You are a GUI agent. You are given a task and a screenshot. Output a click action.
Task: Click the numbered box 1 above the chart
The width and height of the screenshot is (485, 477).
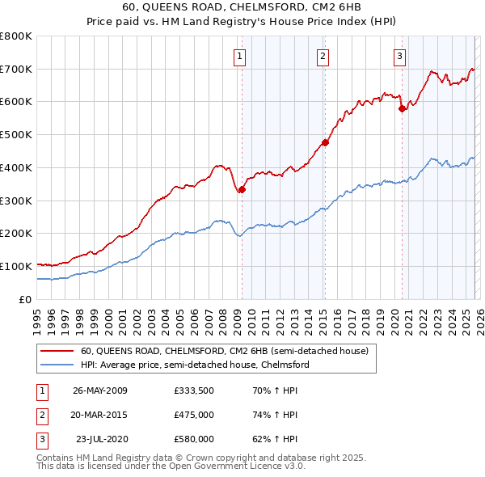[241, 56]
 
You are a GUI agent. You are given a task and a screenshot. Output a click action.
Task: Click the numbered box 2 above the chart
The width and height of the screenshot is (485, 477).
[323, 56]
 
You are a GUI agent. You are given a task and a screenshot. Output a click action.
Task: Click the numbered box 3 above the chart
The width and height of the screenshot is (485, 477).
[400, 56]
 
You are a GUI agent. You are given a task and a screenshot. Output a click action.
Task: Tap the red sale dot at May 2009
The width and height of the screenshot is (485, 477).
[242, 189]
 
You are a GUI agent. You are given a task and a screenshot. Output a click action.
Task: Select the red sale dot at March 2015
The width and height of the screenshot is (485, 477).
[324, 143]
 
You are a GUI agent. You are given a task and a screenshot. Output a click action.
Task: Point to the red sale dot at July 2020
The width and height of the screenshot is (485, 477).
[402, 108]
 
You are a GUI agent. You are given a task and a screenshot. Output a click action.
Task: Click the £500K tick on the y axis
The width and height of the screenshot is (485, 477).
[16, 134]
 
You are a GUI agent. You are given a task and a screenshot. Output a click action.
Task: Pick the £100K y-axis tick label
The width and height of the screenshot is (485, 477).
[16, 266]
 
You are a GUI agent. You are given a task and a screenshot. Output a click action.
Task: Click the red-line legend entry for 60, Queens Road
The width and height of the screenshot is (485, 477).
[224, 351]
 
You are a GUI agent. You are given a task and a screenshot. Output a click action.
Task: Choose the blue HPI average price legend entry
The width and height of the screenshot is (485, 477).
[195, 365]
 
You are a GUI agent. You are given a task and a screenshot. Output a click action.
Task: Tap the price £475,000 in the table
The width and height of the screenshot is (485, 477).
[193, 415]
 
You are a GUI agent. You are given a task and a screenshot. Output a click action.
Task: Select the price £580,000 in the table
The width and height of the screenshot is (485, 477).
[193, 439]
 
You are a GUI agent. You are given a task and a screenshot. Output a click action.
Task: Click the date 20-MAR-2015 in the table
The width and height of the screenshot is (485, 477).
[100, 415]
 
